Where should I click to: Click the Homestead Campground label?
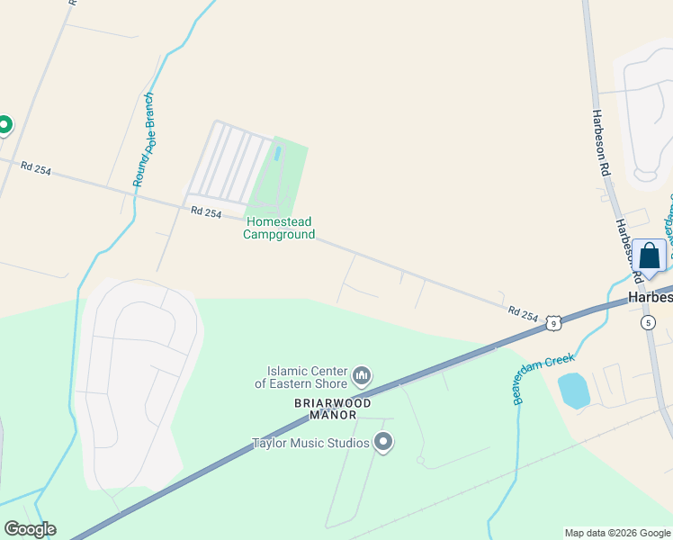coord(279,229)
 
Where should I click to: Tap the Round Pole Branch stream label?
coord(144,139)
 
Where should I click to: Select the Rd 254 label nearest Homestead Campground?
coord(206,211)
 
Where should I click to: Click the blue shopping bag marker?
coord(649,255)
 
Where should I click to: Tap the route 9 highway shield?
coord(554,321)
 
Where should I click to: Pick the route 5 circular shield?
coord(648,321)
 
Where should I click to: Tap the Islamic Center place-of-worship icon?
coord(362,373)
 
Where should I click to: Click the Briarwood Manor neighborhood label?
coord(332,409)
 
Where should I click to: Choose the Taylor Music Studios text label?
coord(310,443)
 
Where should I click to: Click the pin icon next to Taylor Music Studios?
coord(384,442)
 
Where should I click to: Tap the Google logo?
coord(30,529)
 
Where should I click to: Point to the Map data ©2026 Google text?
coord(617,533)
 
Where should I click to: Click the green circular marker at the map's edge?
coord(4,124)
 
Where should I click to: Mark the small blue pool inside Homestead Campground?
coord(276,153)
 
